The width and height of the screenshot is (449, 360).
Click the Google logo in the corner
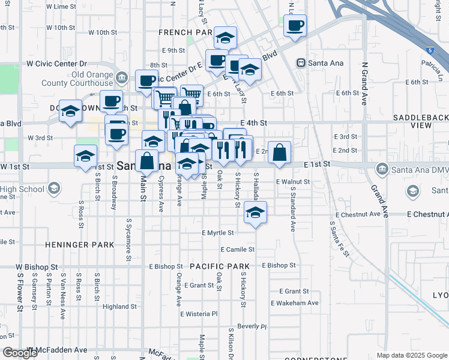click(20, 353)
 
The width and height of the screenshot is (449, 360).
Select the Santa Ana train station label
click(323, 63)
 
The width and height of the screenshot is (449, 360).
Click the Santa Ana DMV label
click(419, 170)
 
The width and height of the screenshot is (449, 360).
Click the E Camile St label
click(238, 249)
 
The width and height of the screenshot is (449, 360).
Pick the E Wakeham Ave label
click(295, 303)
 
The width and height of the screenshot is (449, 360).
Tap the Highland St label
click(121, 307)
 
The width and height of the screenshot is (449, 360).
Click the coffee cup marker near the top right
click(295, 26)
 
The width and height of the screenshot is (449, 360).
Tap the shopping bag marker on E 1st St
click(280, 152)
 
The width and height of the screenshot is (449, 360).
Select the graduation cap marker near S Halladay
click(256, 212)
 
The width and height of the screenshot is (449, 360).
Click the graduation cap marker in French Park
click(226, 38)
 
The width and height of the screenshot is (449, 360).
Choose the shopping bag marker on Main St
click(147, 161)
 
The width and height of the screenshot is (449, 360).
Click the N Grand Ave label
click(364, 83)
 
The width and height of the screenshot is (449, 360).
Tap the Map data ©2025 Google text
click(412, 355)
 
